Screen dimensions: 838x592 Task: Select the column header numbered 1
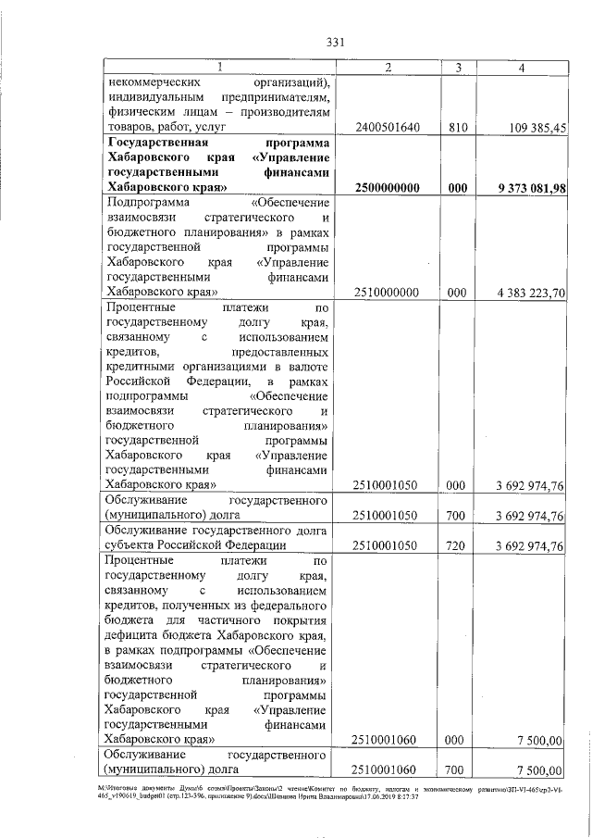(x=218, y=68)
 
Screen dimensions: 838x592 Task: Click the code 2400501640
(x=388, y=128)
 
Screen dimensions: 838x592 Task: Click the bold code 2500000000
(x=388, y=188)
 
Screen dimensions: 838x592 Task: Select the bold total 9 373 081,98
(x=524, y=188)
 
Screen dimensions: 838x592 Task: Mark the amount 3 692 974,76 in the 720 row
(x=525, y=546)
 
